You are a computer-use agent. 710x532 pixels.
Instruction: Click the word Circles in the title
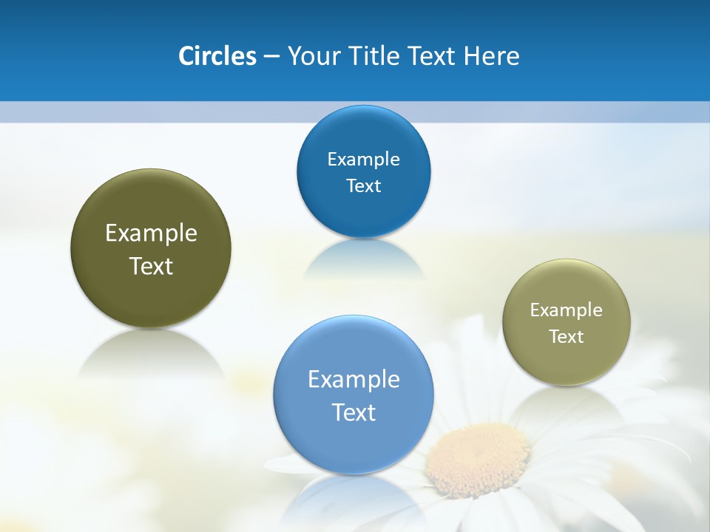coord(217,56)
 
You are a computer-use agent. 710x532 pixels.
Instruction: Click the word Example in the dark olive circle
coord(151,233)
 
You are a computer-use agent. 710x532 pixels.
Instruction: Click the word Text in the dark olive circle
coord(151,266)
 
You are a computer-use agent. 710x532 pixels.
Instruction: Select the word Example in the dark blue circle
coord(363,159)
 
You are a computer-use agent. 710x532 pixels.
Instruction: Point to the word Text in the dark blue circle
coord(363,185)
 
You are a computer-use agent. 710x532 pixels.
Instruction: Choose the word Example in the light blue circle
coord(354,380)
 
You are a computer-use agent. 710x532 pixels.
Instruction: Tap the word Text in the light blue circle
coord(354,412)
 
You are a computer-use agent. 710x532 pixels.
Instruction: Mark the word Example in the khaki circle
coord(567,310)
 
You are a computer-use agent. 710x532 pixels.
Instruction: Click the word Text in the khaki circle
coord(567,336)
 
